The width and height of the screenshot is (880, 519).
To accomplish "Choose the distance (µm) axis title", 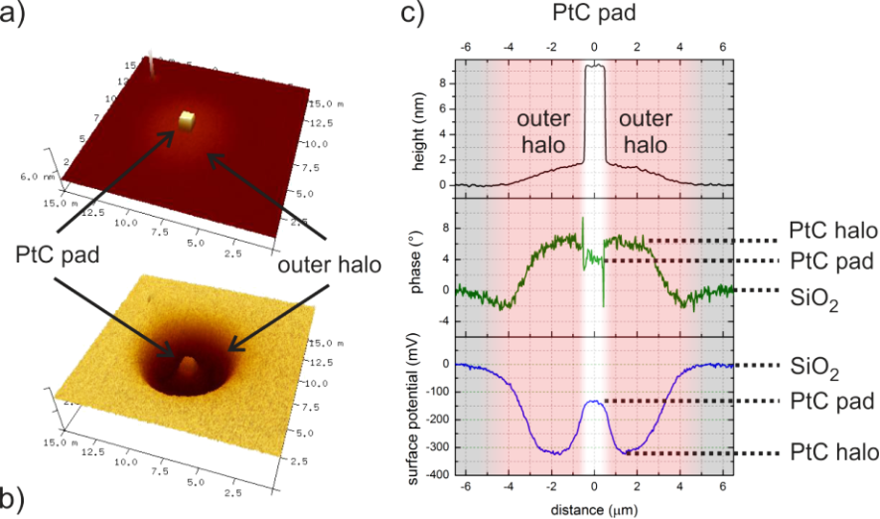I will [594, 510].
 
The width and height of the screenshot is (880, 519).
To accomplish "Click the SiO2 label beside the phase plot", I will [813, 295].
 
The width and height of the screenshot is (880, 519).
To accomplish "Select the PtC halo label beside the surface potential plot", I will [833, 453].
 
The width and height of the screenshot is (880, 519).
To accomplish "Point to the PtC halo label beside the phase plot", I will [833, 232].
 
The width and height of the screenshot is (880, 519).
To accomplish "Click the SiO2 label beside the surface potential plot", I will [813, 368].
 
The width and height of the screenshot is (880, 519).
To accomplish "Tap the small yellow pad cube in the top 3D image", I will [186, 119].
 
